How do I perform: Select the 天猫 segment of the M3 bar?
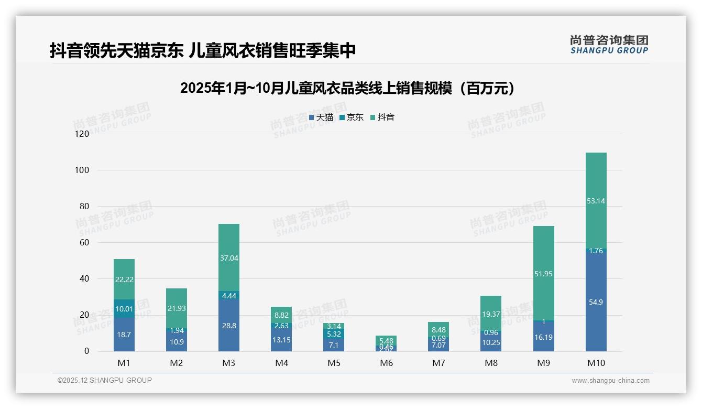coord(229,325)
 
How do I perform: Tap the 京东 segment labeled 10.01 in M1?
coord(124,308)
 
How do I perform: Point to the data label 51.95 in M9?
coord(543,274)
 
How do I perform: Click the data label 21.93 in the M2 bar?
coord(177,308)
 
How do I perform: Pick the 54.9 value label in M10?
coord(596,302)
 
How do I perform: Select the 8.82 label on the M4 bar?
coord(281,315)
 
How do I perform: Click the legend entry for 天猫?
coord(321,117)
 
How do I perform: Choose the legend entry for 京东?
coord(352,117)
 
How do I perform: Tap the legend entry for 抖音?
coord(382,117)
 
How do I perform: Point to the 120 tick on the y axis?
coord(82,134)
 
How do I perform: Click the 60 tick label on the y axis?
coord(84,242)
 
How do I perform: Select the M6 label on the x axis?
coord(386,363)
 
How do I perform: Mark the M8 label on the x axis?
coord(491,363)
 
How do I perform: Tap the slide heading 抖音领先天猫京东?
coord(203,50)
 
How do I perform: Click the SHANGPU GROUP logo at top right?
coord(609,45)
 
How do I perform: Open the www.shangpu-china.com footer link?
coord(610,381)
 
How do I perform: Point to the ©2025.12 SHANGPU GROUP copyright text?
coord(105,380)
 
